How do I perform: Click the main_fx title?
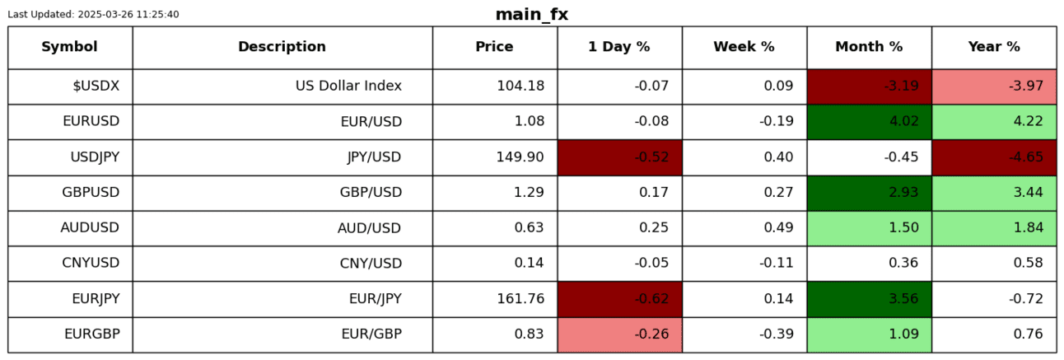click(531, 15)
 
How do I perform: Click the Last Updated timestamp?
click(93, 15)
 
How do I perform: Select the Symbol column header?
click(70, 47)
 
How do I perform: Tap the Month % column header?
click(869, 47)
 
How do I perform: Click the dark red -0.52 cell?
click(619, 157)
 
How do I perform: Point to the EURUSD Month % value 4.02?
click(869, 121)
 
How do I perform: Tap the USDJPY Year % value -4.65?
click(994, 157)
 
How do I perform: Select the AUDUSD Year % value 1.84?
click(994, 227)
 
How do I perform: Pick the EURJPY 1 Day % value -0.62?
click(619, 298)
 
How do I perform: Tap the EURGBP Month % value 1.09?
click(869, 334)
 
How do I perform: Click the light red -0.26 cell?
click(619, 334)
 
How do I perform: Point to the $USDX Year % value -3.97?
click(994, 86)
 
